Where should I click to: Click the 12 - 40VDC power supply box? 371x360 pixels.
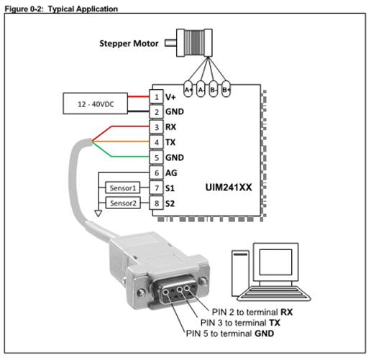point(95,103)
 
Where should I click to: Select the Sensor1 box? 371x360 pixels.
point(123,188)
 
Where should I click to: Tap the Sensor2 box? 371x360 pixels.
point(123,203)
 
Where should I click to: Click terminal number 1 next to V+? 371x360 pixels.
point(156,97)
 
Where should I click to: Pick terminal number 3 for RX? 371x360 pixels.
point(156,127)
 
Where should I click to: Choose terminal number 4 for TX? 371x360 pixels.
point(156,142)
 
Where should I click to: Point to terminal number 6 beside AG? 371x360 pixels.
point(156,172)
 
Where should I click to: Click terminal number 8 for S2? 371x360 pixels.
point(156,203)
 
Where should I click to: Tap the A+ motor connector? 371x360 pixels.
point(188,89)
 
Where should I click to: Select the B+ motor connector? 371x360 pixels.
point(226,89)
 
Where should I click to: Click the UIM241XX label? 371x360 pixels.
point(229,187)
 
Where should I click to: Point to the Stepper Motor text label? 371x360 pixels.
point(129,43)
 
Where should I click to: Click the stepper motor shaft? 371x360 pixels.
point(170,43)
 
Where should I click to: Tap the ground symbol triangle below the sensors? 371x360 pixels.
point(99,213)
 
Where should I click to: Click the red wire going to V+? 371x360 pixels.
point(138,96)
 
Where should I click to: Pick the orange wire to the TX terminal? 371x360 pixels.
point(120,142)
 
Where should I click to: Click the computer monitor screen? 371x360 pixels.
point(275,262)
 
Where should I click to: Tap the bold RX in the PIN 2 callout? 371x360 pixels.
point(286,312)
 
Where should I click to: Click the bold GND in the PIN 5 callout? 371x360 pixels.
point(264,333)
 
